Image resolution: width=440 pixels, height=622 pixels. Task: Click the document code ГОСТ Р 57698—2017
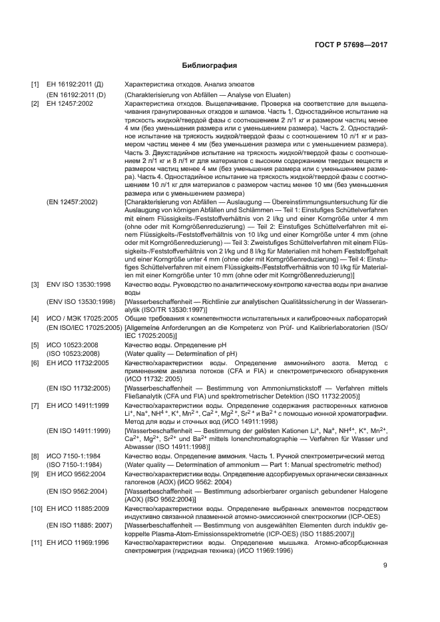[350, 45]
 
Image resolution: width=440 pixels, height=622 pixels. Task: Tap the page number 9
[385, 566]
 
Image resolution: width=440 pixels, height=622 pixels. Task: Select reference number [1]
[35, 86]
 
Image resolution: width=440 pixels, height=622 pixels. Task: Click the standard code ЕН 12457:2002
[70, 104]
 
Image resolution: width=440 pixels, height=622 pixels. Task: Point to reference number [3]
[35, 284]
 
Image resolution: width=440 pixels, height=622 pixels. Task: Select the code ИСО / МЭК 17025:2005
[82, 319]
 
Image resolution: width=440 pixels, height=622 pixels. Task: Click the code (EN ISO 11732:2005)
[78, 388]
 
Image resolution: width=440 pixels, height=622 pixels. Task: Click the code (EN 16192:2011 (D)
[76, 95]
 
